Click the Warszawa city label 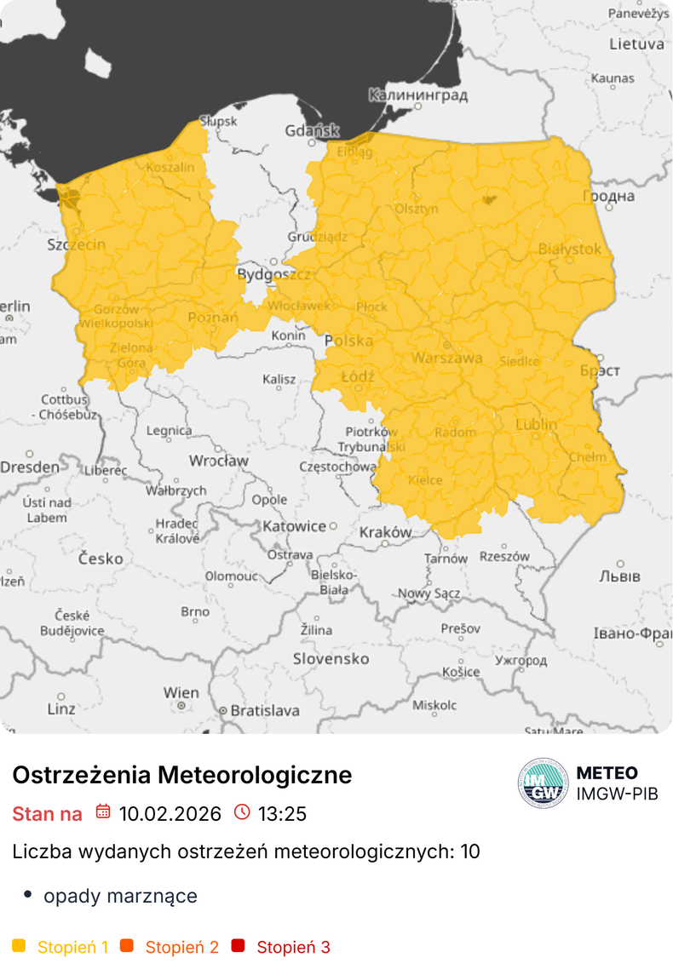tap(447, 358)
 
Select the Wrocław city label tap(219, 461)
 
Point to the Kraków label tap(386, 532)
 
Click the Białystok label tap(570, 249)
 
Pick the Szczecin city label tap(77, 245)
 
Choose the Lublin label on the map tap(537, 424)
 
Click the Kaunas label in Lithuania tap(613, 78)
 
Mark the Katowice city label tap(295, 526)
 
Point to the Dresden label tap(30, 467)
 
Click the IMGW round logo tap(543, 783)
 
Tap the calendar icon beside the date tap(103, 812)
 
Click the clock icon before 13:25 tap(242, 812)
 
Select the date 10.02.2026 tap(170, 813)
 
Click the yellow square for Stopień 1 tap(20, 946)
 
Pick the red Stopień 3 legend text tap(293, 947)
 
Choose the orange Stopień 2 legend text tap(181, 947)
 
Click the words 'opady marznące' tap(120, 896)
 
